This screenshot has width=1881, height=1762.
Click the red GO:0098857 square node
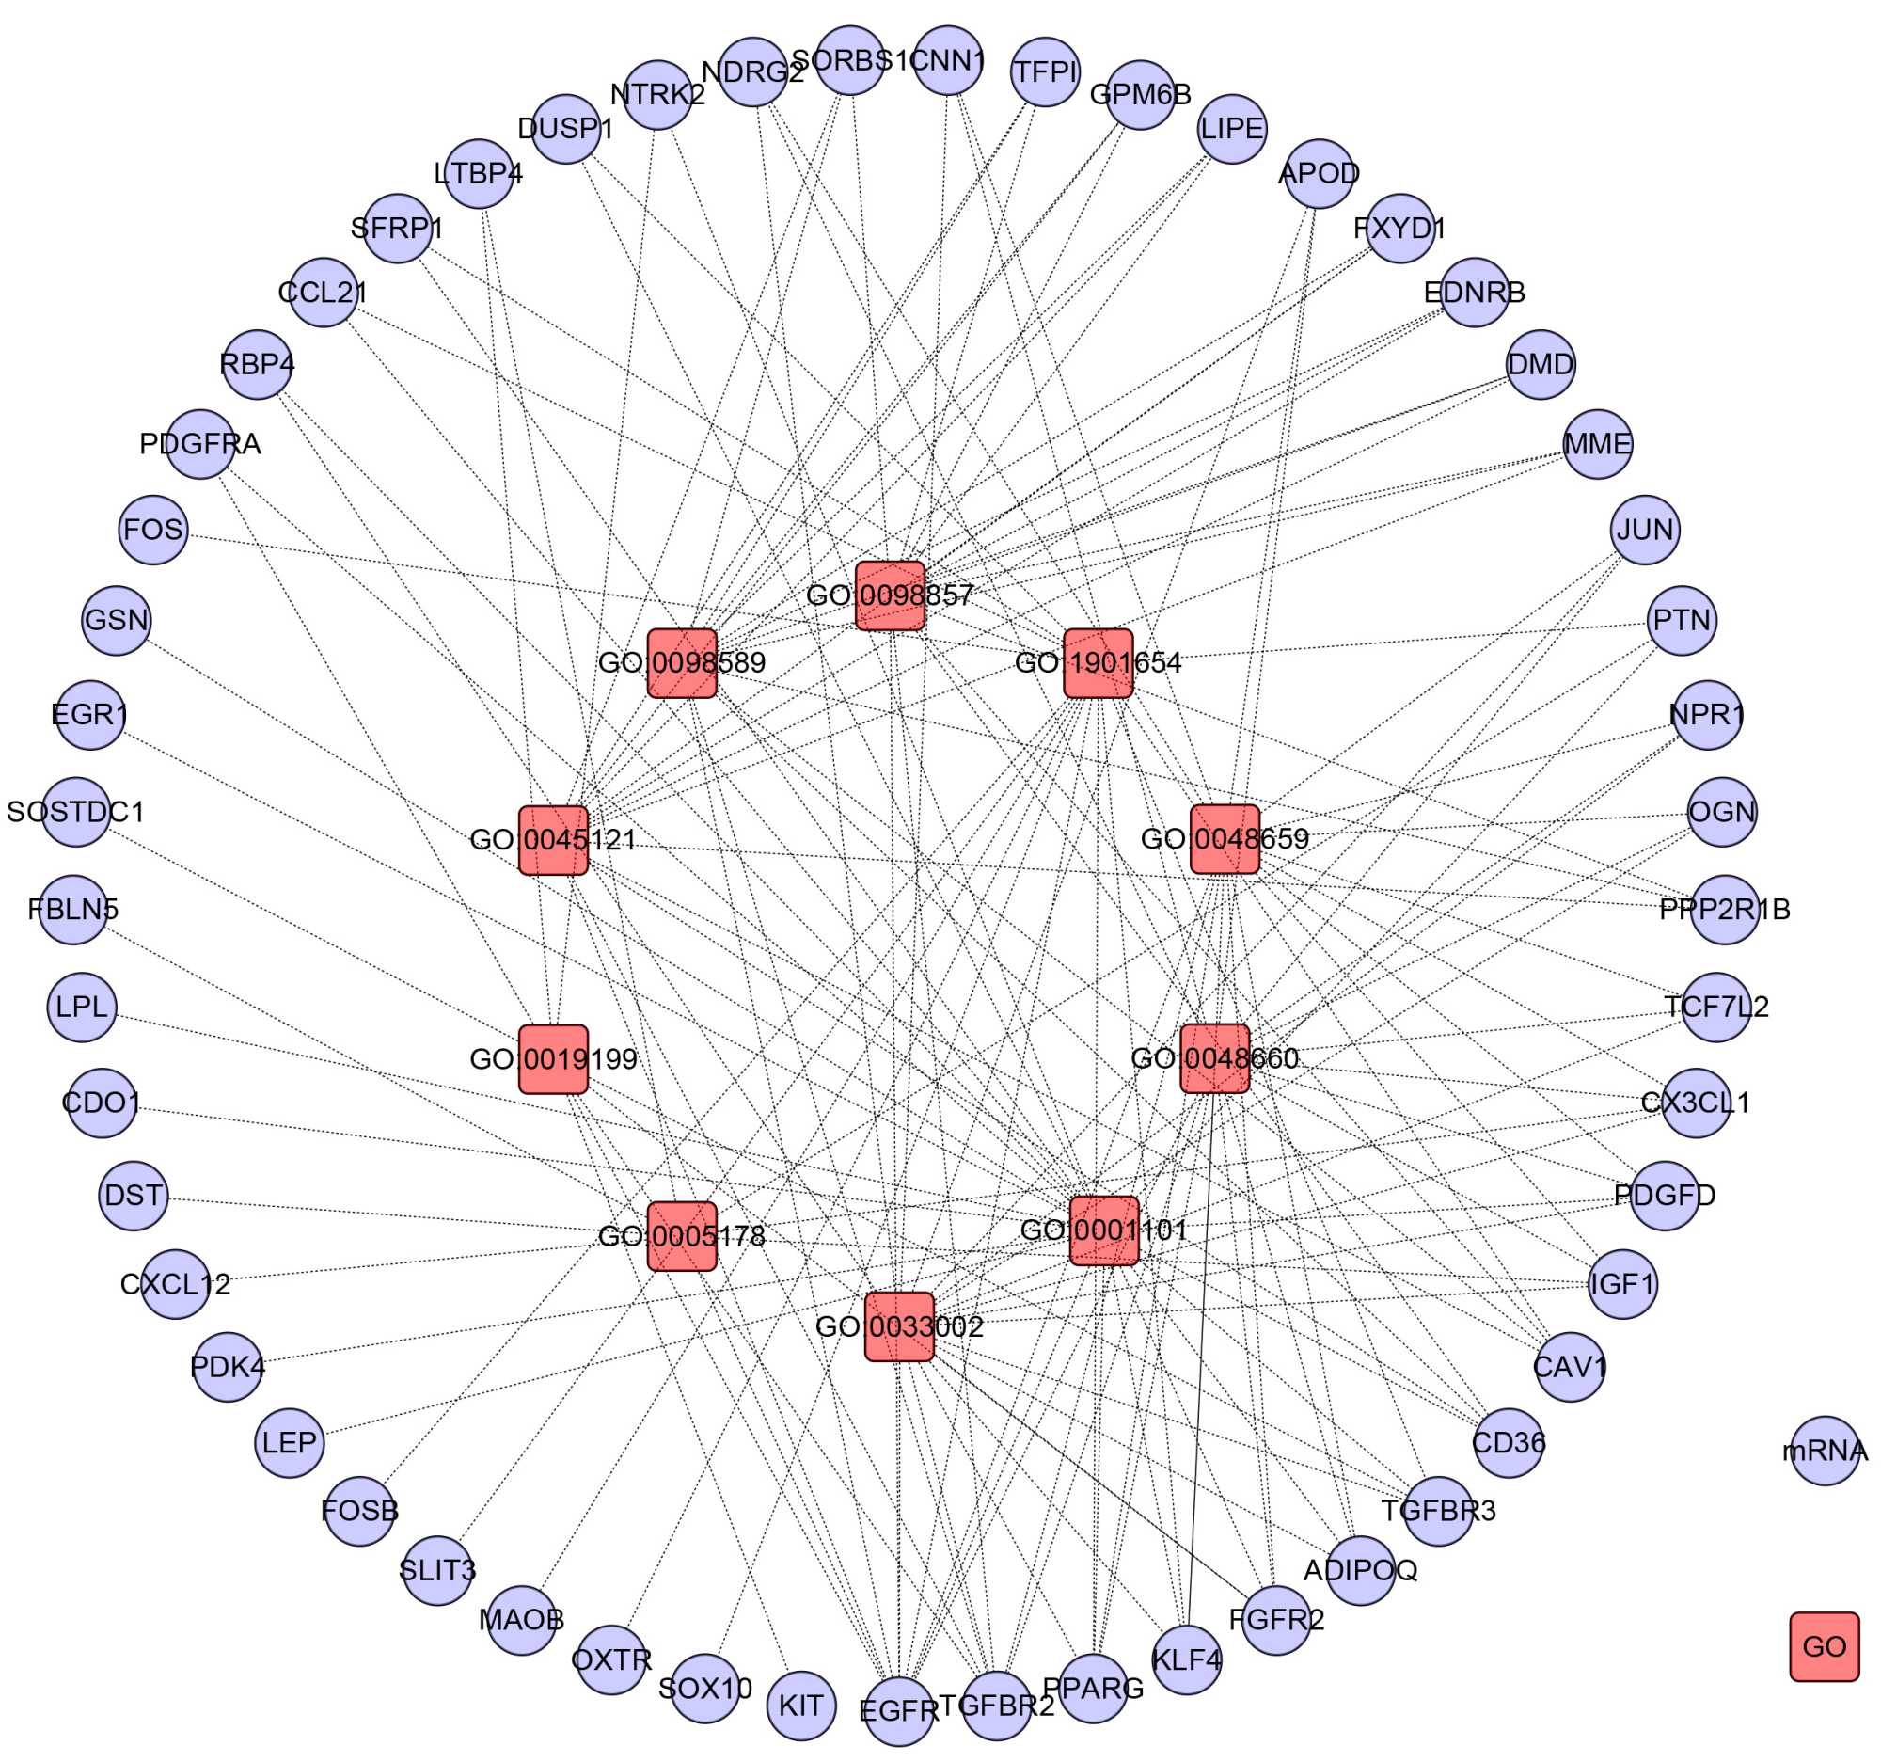[890, 595]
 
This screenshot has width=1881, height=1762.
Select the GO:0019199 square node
[554, 1059]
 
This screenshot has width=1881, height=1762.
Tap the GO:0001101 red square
[1104, 1230]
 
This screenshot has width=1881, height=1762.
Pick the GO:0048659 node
[1225, 839]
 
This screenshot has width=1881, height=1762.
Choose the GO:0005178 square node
[681, 1236]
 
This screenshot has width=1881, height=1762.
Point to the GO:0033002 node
[899, 1326]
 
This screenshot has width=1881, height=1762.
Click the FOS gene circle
[153, 530]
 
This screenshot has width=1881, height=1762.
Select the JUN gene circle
[1644, 530]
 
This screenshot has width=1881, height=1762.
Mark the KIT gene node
[800, 1706]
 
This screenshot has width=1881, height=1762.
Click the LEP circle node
[290, 1443]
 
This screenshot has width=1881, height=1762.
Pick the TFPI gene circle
[1045, 71]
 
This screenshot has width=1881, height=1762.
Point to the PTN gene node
[1682, 621]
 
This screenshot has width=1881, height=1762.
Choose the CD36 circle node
[1509, 1443]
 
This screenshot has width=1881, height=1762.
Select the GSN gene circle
[117, 621]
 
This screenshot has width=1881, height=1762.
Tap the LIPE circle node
[1231, 129]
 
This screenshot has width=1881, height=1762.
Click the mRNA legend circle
[1825, 1451]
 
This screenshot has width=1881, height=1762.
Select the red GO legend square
[1825, 1646]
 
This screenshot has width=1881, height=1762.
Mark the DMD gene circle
[1541, 364]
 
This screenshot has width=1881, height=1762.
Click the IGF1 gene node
[1621, 1284]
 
